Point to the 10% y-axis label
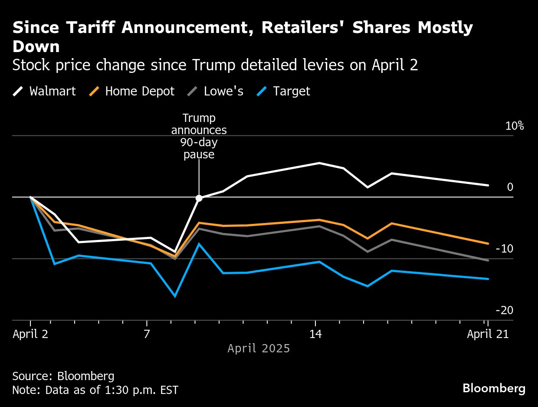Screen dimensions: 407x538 pyautogui.click(x=514, y=126)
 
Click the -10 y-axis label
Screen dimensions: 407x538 pyautogui.click(x=504, y=249)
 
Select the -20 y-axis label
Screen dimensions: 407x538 pyautogui.click(x=504, y=311)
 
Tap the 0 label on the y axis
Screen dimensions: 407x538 pyautogui.click(x=510, y=187)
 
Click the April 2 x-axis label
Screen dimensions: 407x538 pyautogui.click(x=30, y=334)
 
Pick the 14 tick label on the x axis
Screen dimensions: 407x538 pyautogui.click(x=315, y=334)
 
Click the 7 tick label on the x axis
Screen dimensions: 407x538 pyautogui.click(x=147, y=334)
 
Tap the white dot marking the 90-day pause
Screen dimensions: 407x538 pyautogui.click(x=199, y=198)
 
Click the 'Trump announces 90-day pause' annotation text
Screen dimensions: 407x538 pyautogui.click(x=199, y=136)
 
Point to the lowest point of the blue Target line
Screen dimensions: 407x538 pyautogui.click(x=175, y=296)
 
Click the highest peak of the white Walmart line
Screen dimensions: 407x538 pyautogui.click(x=319, y=163)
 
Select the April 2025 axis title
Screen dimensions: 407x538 pyautogui.click(x=259, y=348)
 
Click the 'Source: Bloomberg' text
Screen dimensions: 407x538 pyautogui.click(x=63, y=376)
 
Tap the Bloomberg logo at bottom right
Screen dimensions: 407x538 pyautogui.click(x=494, y=388)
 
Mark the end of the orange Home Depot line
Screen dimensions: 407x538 pyautogui.click(x=488, y=243)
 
